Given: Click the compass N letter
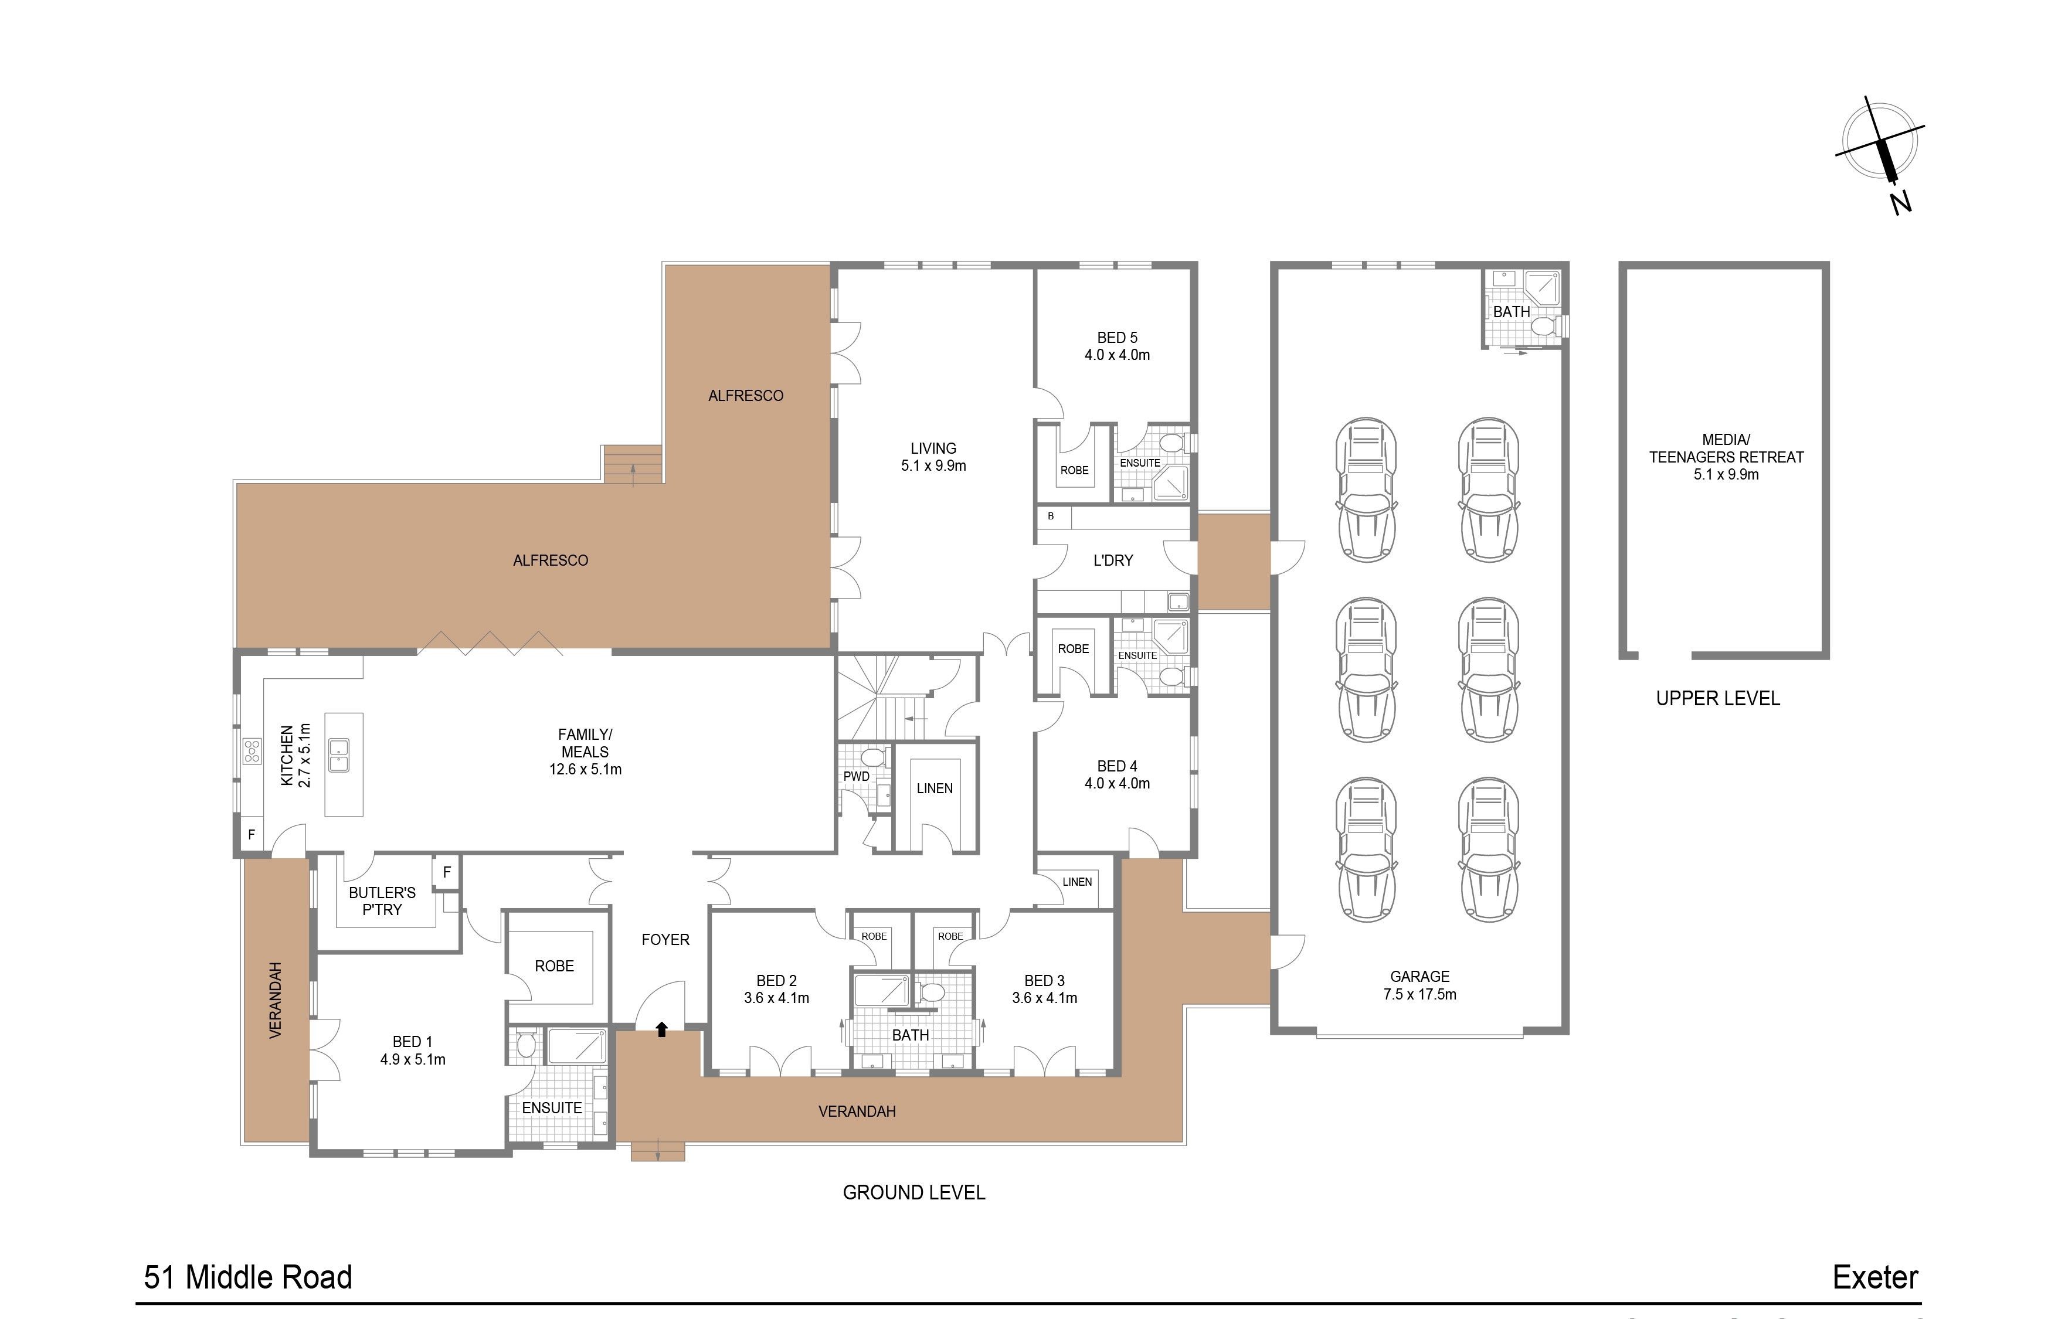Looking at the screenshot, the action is (1900, 203).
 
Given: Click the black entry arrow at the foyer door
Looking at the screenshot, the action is (661, 1029).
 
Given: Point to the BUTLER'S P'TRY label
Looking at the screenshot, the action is (382, 901).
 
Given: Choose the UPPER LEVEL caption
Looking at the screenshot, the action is (1717, 698).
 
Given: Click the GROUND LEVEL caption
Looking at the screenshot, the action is (914, 1192).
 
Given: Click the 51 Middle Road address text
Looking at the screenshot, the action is (247, 1277).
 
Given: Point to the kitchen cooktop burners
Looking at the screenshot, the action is (252, 751).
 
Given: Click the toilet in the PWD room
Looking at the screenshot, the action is (872, 758).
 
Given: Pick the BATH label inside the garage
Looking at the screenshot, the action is (1511, 312).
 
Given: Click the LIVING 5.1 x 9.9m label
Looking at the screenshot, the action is (933, 457).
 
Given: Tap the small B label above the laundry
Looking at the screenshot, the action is (1051, 516).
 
